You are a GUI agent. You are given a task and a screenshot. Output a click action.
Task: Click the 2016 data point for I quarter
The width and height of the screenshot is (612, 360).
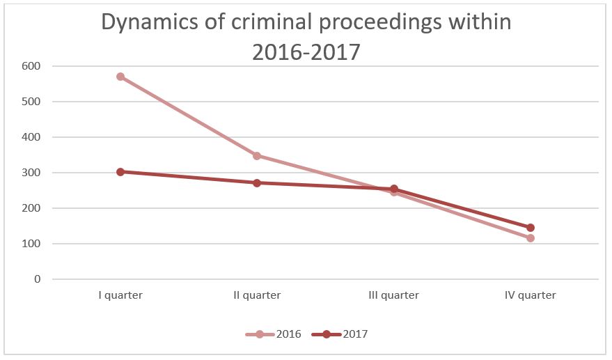[x=120, y=77]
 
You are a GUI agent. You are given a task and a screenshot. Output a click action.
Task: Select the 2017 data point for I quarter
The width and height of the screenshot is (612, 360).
[x=120, y=171]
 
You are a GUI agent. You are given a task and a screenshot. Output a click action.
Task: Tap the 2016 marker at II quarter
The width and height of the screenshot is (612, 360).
[x=257, y=156]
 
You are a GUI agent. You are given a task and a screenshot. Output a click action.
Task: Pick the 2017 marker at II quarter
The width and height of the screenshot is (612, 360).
[x=257, y=183]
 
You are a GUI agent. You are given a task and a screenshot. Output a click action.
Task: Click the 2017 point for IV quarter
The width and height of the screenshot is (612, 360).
[x=531, y=228]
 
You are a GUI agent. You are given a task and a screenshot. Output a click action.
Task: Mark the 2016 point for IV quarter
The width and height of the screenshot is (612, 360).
[x=531, y=238]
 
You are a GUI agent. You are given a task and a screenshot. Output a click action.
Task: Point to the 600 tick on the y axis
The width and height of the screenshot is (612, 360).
[x=32, y=66]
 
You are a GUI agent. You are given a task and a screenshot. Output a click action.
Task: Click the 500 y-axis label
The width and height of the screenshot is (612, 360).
[x=32, y=102]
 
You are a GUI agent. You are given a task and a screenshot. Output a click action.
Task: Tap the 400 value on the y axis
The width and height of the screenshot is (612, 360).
[x=32, y=137]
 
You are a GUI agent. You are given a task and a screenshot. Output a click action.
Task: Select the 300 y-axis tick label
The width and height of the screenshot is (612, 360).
[x=32, y=173]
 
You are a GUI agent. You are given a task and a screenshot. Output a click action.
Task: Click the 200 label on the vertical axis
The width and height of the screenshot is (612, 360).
[x=32, y=208]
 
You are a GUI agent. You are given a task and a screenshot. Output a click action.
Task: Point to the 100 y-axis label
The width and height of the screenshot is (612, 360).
[x=32, y=244]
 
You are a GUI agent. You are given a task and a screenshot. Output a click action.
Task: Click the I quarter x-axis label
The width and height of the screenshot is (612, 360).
[x=120, y=295]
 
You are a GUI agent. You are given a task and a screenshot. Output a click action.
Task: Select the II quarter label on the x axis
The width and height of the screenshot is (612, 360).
[x=257, y=295]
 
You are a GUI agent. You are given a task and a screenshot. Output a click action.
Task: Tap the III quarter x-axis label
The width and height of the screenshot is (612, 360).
[x=393, y=295]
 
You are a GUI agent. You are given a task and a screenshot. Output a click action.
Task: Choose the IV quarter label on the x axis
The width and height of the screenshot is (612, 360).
[x=531, y=295]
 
